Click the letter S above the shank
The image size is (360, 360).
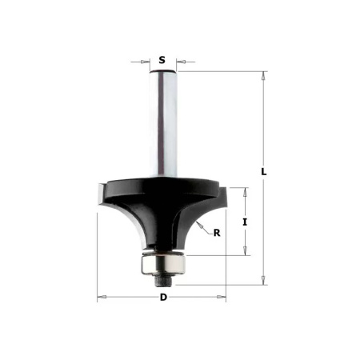point(162,59)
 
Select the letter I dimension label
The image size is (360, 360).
point(246,221)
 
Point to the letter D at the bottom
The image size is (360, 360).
point(163,298)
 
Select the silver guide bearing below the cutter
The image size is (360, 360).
point(162,261)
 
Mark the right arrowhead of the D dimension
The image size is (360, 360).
point(224,298)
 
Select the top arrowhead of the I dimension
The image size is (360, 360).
point(246,190)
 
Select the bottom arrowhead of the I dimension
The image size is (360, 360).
point(246,252)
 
